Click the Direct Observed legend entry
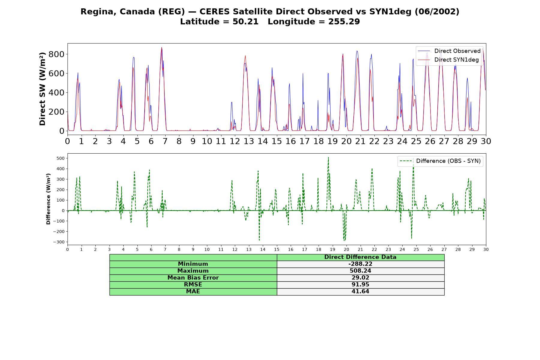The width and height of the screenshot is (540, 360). click(449, 51)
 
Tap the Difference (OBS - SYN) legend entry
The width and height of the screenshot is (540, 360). click(440, 161)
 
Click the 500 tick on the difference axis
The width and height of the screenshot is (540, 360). click(61, 158)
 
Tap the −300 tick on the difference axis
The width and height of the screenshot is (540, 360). click(60, 242)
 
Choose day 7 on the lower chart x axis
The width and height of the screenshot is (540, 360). click(165, 250)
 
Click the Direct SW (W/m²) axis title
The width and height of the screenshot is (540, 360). click(43, 89)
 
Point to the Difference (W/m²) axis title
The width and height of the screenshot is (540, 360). click(48, 199)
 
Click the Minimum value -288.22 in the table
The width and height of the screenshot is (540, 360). click(360, 264)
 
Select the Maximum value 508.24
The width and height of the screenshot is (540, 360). click(360, 271)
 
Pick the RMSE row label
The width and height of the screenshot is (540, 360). click(193, 285)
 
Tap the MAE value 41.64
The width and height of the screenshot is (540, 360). click(360, 292)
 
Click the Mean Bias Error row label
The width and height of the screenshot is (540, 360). click(193, 278)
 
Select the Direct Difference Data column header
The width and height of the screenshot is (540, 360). click(360, 257)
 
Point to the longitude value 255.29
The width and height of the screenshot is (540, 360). click(344, 22)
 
